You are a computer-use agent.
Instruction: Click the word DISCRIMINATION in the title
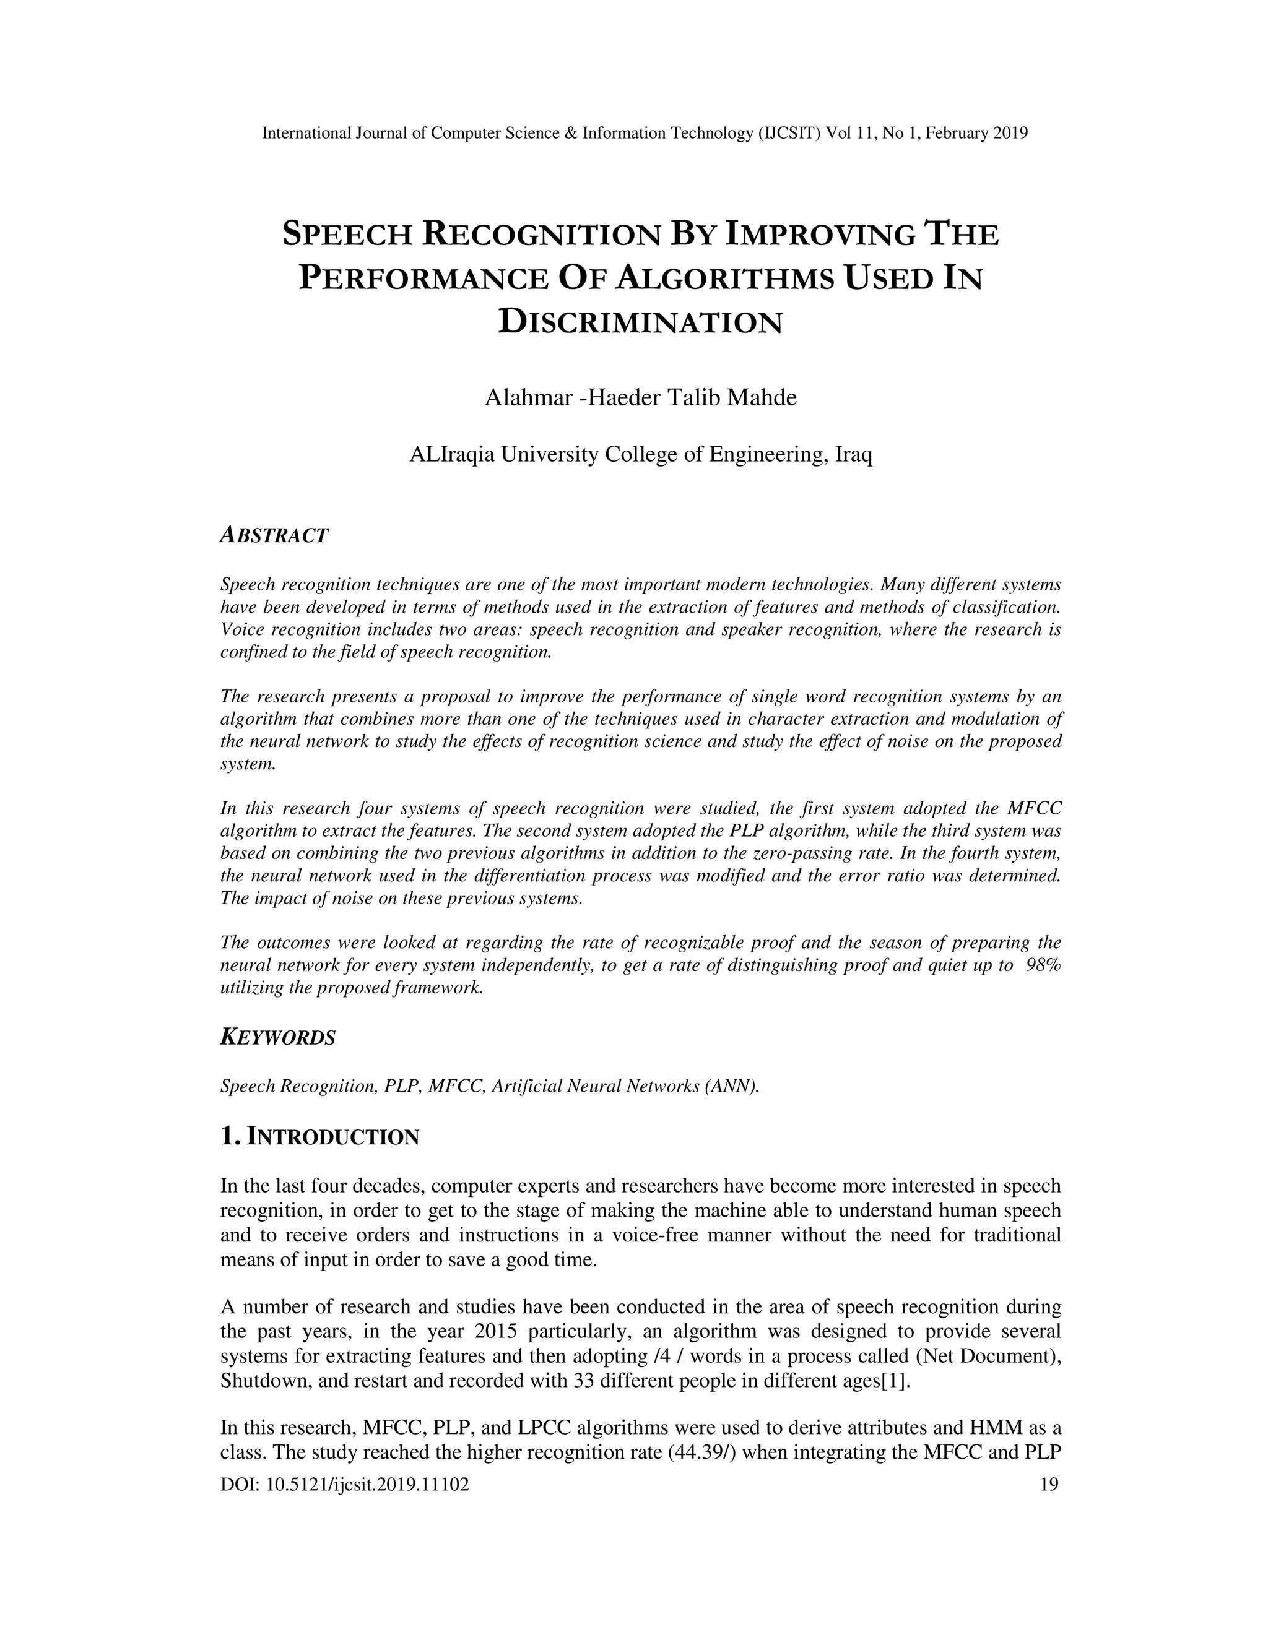[641, 322]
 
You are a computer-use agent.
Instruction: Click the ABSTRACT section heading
[274, 535]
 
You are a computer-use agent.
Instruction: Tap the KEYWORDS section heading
[278, 1038]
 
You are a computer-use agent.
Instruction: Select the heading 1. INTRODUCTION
[319, 1137]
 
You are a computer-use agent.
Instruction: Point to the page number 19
[1049, 1484]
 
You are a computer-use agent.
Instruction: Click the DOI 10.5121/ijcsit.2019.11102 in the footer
[345, 1484]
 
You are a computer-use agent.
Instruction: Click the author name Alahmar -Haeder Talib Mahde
[641, 397]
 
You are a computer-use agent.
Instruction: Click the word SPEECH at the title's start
[348, 235]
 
